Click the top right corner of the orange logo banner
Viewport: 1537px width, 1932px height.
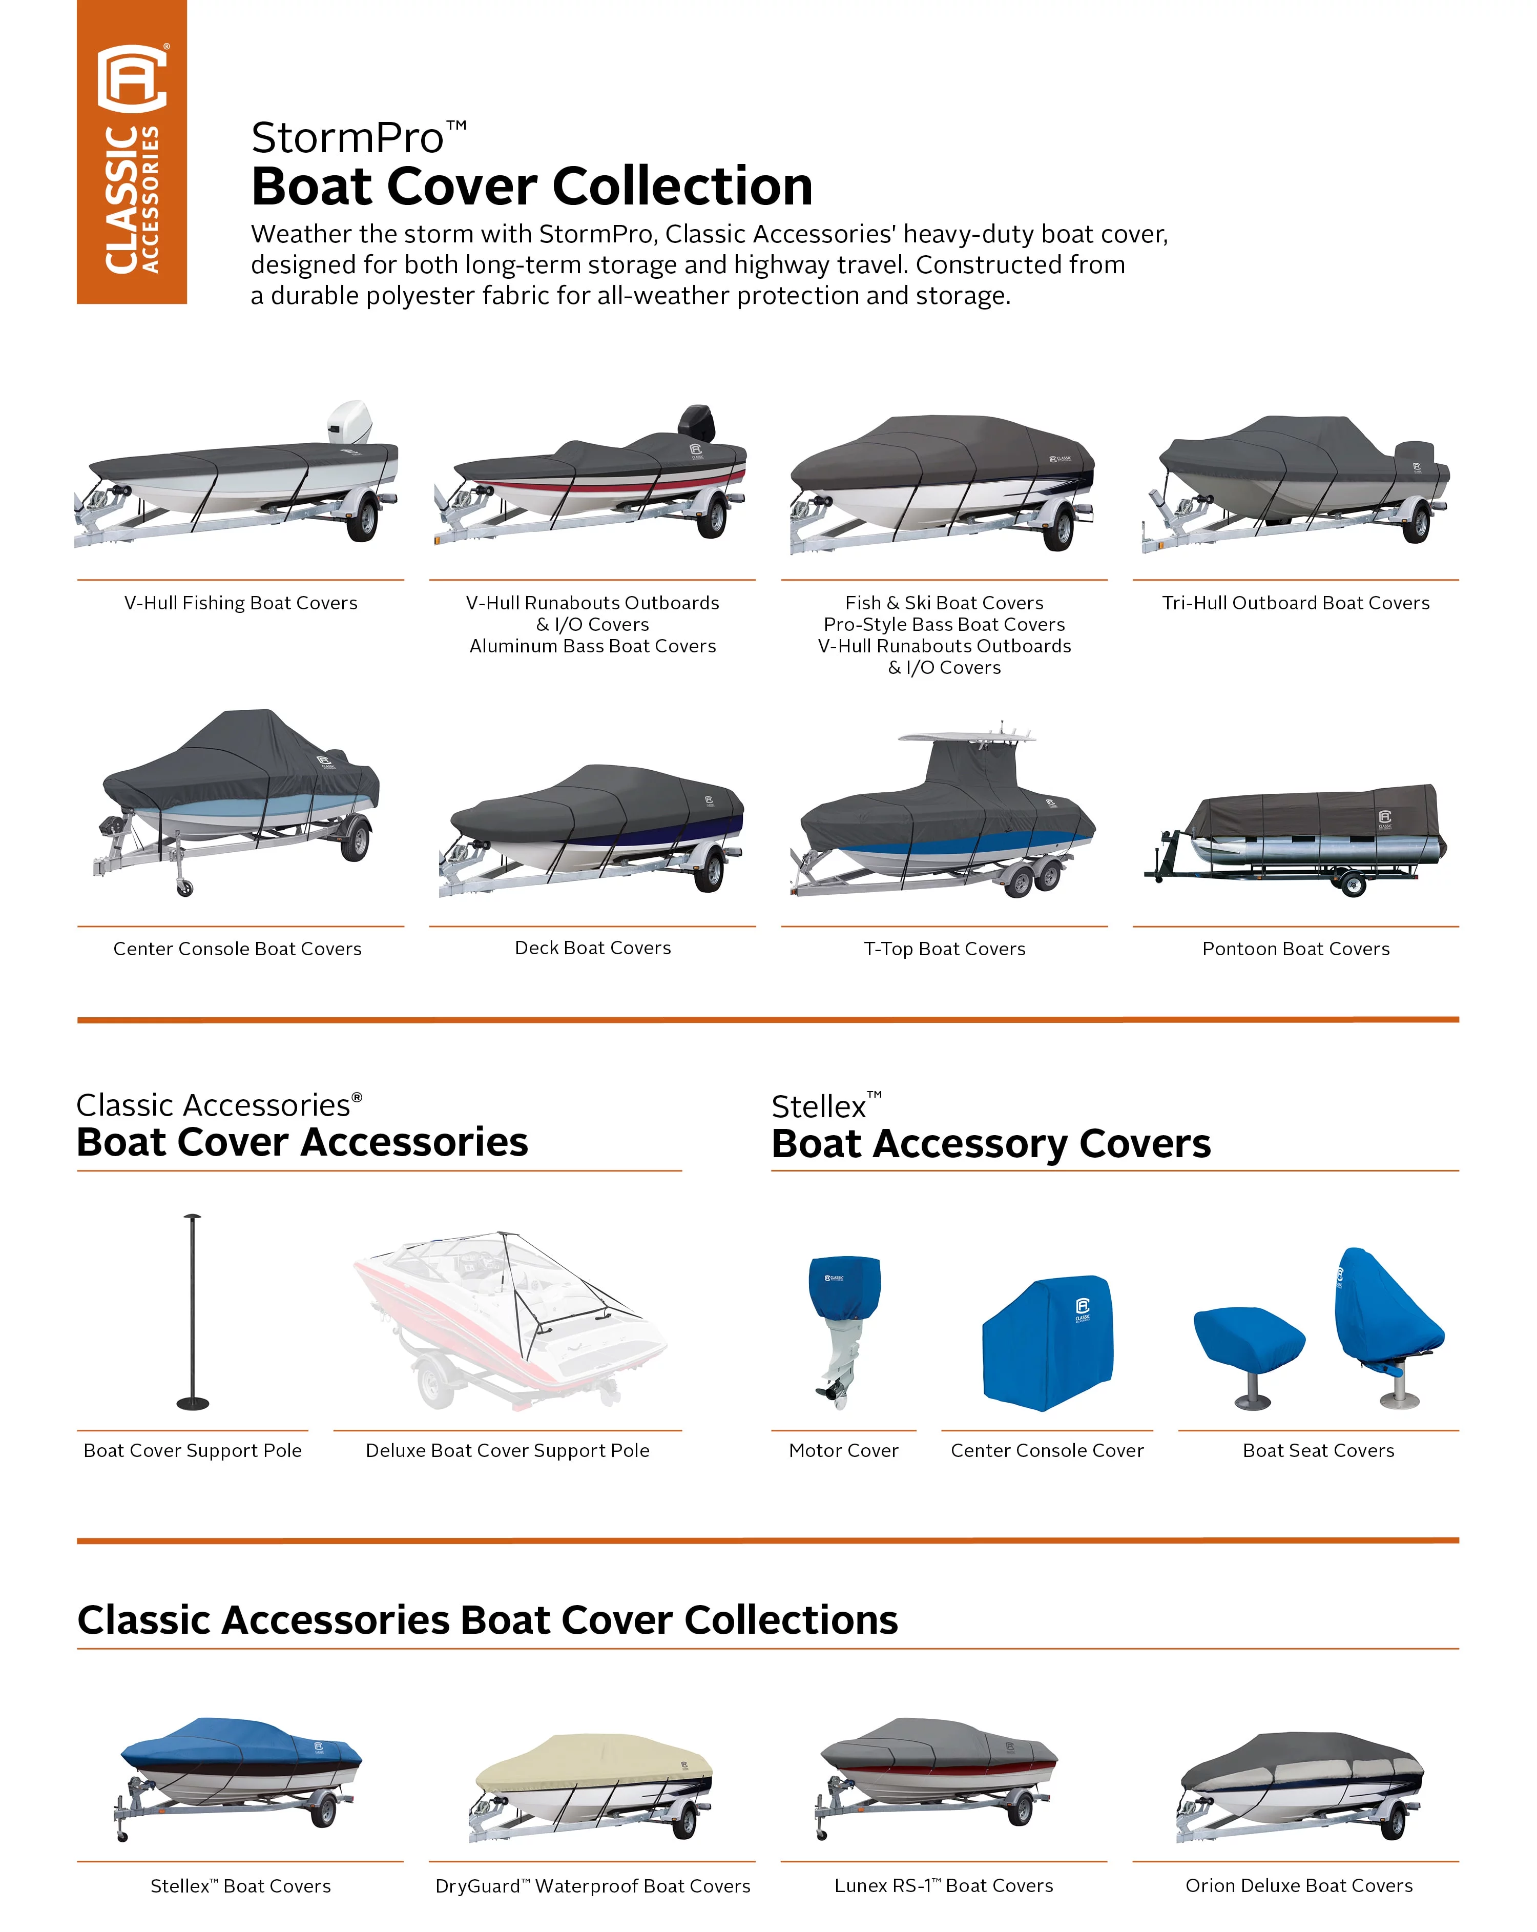click(x=186, y=1)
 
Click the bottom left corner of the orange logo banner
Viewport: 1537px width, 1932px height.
click(x=77, y=303)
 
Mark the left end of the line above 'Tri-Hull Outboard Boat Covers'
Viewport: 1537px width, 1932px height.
click(x=1133, y=580)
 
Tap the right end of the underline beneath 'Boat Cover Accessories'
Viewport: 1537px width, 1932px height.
click(x=681, y=1170)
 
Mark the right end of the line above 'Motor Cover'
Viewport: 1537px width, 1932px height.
click(x=916, y=1430)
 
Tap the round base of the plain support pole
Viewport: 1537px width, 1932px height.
click(x=193, y=1403)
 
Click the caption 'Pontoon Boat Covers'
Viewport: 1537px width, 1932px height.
click(x=1296, y=949)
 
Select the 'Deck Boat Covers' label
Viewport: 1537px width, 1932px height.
click(x=593, y=948)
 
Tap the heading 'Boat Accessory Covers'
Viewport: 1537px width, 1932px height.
click(x=991, y=1144)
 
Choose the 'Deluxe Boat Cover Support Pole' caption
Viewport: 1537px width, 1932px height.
click(x=508, y=1451)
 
